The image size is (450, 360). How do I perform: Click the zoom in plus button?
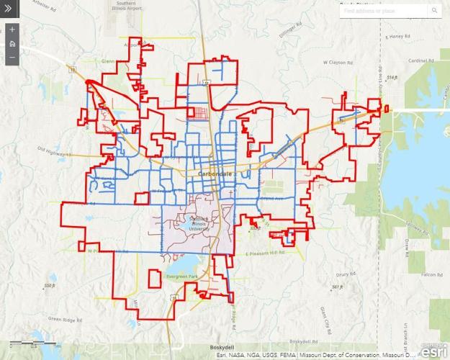click(x=12, y=31)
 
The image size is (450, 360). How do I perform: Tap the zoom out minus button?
click(x=12, y=56)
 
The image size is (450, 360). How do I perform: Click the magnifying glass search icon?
click(x=435, y=11)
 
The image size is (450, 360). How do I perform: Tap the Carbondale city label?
click(x=215, y=174)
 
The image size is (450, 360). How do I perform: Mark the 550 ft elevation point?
click(x=49, y=286)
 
